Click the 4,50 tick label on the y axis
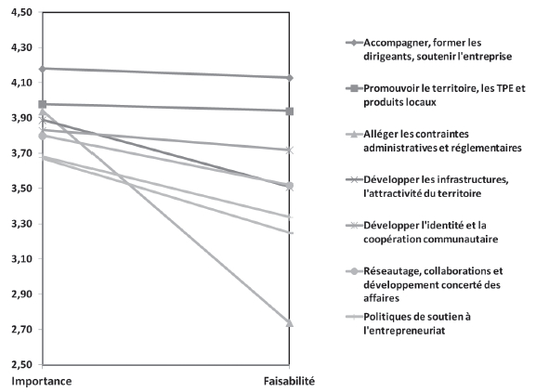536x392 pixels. (21, 12)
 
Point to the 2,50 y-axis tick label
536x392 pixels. (21, 364)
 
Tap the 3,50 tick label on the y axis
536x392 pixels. (21, 189)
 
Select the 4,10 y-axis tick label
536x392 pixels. (21, 83)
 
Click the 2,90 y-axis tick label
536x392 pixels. (21, 294)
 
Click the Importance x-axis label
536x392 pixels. (42, 382)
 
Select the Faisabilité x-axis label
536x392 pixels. (289, 381)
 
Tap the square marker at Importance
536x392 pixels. (43, 105)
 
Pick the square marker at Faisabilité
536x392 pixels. (289, 111)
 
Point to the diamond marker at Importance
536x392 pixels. (43, 69)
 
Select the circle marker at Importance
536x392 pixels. (43, 136)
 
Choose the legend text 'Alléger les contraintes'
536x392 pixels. (415, 134)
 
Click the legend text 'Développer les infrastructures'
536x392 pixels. (435, 180)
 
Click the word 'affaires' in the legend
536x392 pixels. (381, 298)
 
